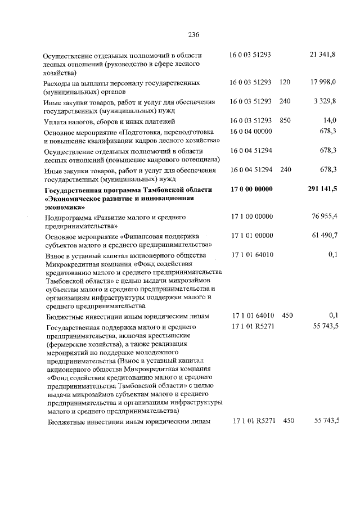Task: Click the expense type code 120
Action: (285, 82)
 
